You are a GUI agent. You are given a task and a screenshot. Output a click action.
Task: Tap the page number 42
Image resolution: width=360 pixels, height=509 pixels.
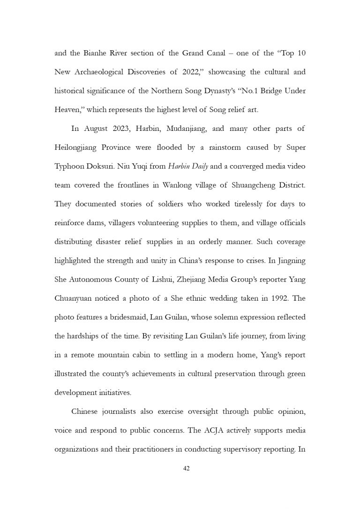[186, 468]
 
